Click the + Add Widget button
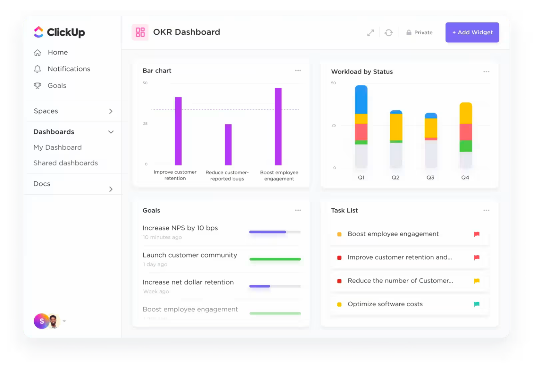point(472,32)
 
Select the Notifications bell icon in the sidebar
point(37,69)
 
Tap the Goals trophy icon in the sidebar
point(37,86)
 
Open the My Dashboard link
point(58,147)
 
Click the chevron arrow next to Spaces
point(111,111)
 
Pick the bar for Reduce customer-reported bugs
point(228,144)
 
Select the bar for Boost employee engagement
point(278,126)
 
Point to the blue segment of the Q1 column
point(361,100)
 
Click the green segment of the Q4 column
point(466,146)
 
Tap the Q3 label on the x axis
point(430,177)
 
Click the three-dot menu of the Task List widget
point(487,210)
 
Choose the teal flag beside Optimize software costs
point(477,304)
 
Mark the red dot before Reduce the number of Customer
point(339,281)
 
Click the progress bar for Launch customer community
point(275,259)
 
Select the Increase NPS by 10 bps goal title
point(180,228)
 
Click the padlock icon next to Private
point(409,33)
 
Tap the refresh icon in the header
point(389,33)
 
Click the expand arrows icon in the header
point(371,33)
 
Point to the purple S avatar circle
point(41,321)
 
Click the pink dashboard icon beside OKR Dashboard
point(140,32)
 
